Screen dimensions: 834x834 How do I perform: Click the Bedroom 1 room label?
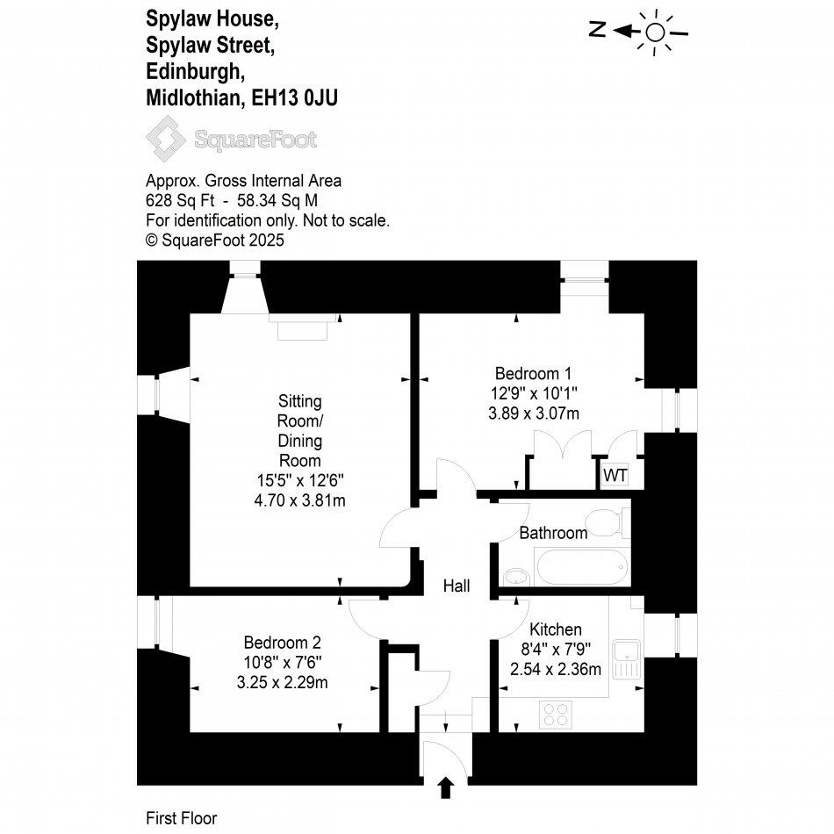(533, 373)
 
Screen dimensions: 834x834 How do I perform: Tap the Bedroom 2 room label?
(283, 643)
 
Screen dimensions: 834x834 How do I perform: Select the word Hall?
(457, 586)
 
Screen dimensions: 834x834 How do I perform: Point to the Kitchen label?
(556, 629)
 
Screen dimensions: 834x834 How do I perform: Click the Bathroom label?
(553, 533)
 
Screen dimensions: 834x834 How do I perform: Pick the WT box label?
(615, 475)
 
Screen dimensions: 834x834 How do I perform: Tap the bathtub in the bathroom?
(582, 567)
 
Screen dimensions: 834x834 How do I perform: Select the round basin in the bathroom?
(515, 577)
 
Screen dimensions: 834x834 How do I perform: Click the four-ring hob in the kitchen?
(557, 715)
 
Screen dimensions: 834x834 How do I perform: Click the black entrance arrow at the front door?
(446, 787)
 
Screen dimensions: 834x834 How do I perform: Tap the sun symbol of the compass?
(655, 32)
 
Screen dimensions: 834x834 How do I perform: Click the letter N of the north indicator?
(598, 29)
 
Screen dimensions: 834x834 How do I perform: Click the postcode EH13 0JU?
(295, 98)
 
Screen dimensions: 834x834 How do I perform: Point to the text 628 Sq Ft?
(180, 200)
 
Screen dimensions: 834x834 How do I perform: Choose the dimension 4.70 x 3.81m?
(300, 500)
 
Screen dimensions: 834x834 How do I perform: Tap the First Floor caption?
(182, 818)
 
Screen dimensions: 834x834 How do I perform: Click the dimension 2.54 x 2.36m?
(556, 669)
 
